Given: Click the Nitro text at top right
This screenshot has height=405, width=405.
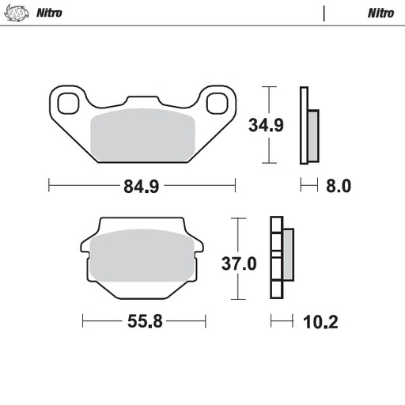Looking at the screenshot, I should (380, 13).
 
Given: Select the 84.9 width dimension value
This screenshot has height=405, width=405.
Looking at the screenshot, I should (142, 187).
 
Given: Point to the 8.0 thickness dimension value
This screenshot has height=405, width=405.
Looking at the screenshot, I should (337, 187).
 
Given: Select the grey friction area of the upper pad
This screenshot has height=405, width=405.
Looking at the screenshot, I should (142, 136).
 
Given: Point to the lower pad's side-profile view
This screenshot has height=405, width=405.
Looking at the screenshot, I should (280, 258).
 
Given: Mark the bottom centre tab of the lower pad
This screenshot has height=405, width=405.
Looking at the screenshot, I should (143, 294).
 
